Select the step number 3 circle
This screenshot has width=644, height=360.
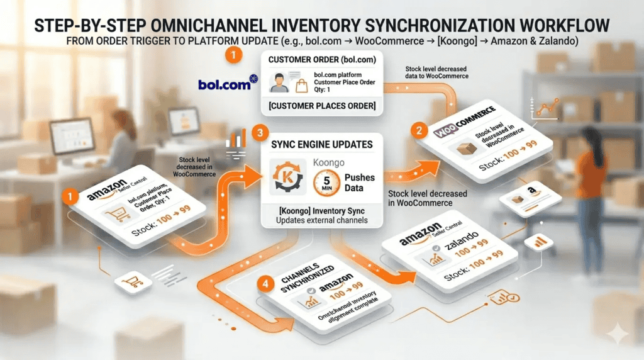click(257, 133)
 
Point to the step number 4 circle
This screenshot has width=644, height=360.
click(267, 284)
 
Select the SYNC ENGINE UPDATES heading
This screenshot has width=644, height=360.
click(321, 144)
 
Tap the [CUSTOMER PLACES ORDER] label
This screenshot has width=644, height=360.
click(321, 106)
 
